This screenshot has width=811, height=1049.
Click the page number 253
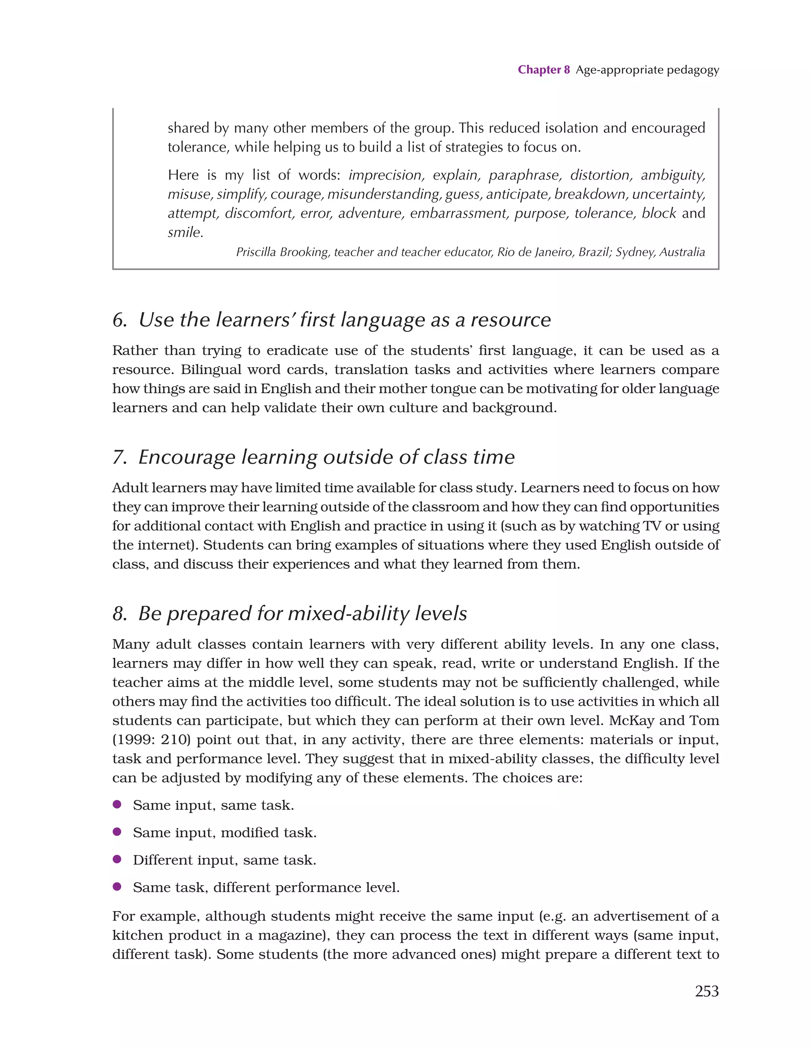(x=706, y=991)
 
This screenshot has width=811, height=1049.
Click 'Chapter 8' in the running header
(x=543, y=70)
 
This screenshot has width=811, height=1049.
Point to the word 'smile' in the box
(x=184, y=232)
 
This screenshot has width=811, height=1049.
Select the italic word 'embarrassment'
(x=459, y=213)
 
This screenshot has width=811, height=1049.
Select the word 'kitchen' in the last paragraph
(x=138, y=935)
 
